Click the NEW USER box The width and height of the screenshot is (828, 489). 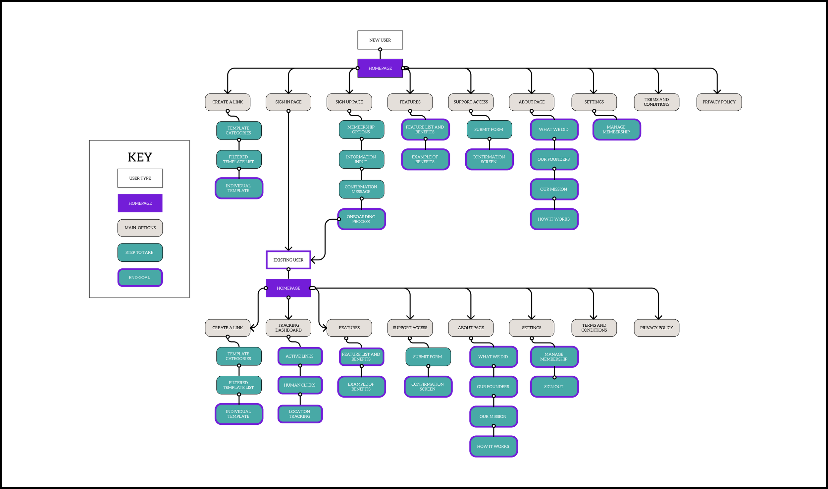tap(380, 40)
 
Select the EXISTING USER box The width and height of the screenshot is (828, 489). tap(288, 260)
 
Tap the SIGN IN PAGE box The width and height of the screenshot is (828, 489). tap(288, 102)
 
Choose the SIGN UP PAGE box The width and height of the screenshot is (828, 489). tap(349, 102)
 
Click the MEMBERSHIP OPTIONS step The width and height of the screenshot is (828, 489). tap(361, 130)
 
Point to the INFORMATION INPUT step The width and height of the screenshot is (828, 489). tap(361, 159)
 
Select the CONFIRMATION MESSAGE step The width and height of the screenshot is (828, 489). tap(361, 189)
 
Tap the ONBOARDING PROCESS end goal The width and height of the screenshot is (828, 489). tap(361, 219)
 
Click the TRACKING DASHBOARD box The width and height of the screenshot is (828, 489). tap(288, 328)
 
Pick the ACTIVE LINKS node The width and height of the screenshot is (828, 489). tap(300, 356)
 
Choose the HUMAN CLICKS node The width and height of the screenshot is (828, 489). tap(300, 385)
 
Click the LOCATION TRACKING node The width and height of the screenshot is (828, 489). tap(300, 414)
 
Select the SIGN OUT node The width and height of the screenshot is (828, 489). tap(554, 387)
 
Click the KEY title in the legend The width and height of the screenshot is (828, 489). tap(140, 157)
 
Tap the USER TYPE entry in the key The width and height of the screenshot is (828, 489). tap(140, 178)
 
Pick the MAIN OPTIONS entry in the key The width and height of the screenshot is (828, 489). tap(140, 228)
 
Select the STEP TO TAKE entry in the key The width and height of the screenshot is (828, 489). tap(140, 252)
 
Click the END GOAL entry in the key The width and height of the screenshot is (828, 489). tap(140, 278)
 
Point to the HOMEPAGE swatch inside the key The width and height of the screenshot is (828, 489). tap(140, 203)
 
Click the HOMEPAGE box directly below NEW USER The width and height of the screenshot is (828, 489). tap(380, 68)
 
